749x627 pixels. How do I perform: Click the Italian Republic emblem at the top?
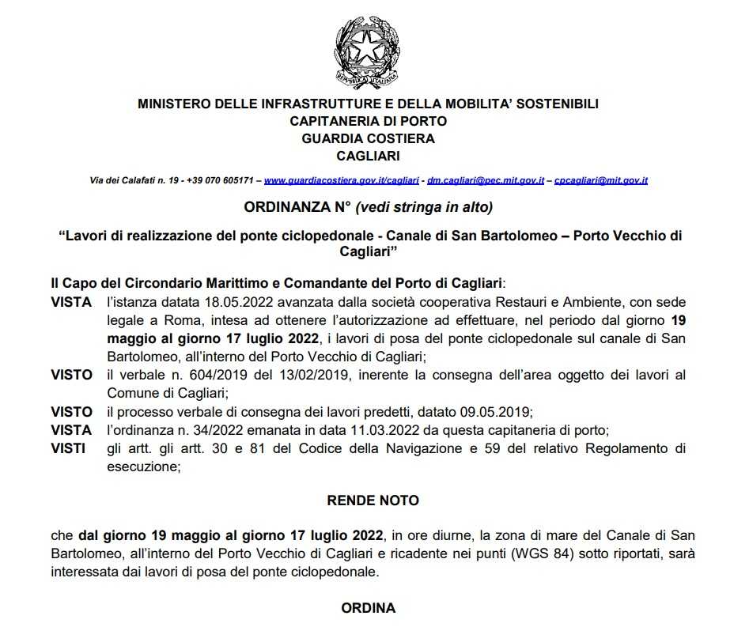pos(368,51)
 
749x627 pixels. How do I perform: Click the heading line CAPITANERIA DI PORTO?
pos(368,121)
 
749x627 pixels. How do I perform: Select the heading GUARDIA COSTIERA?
pos(368,138)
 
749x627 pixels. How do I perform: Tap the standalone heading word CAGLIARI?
pos(368,156)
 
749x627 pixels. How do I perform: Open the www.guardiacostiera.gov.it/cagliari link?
pos(341,181)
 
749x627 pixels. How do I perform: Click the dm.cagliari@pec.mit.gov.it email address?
pos(485,181)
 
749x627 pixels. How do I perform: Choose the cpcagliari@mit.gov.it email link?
pos(601,181)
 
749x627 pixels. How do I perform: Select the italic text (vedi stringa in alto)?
pos(425,208)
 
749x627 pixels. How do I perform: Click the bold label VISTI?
pos(69,449)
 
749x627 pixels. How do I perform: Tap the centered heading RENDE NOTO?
pos(373,500)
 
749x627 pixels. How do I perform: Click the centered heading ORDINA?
pos(368,609)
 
